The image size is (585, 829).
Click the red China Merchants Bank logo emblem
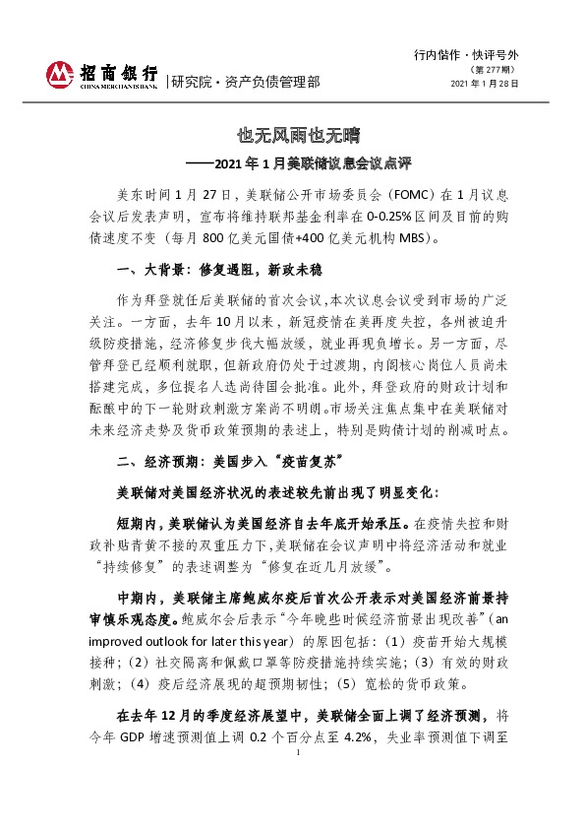point(60,74)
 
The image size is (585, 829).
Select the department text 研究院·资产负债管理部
point(244,82)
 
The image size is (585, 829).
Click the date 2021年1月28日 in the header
point(485,84)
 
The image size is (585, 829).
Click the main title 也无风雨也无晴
point(292,134)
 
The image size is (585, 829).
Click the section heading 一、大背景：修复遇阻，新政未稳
point(220,270)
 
